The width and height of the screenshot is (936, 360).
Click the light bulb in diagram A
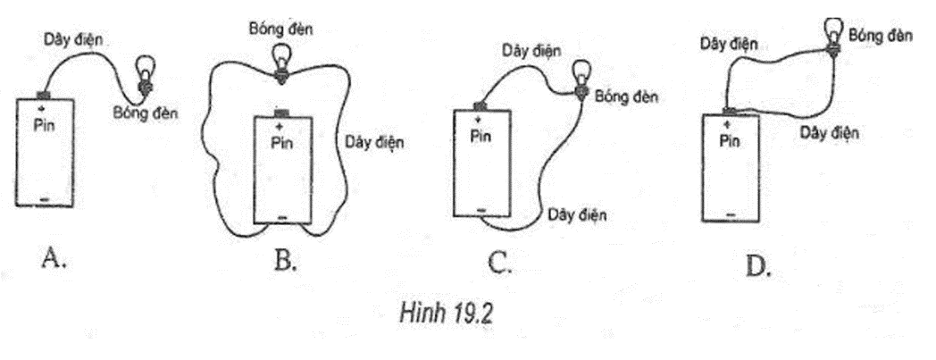click(x=143, y=71)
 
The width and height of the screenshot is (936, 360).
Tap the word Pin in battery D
click(x=729, y=141)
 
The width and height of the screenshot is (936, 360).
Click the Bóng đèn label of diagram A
click(x=146, y=113)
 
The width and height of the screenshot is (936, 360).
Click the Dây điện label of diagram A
click(x=74, y=39)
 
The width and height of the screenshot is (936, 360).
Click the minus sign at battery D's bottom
click(x=731, y=215)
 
